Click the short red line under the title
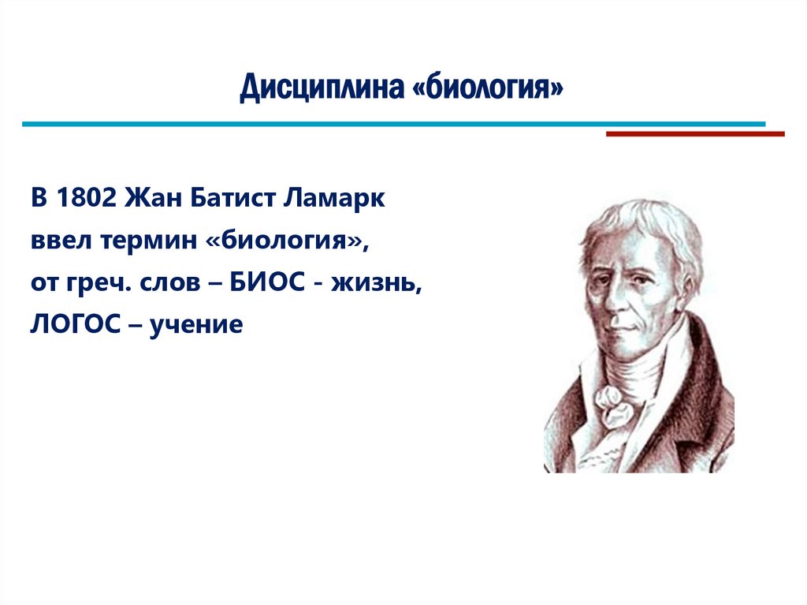[694, 134]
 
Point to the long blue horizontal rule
[393, 124]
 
